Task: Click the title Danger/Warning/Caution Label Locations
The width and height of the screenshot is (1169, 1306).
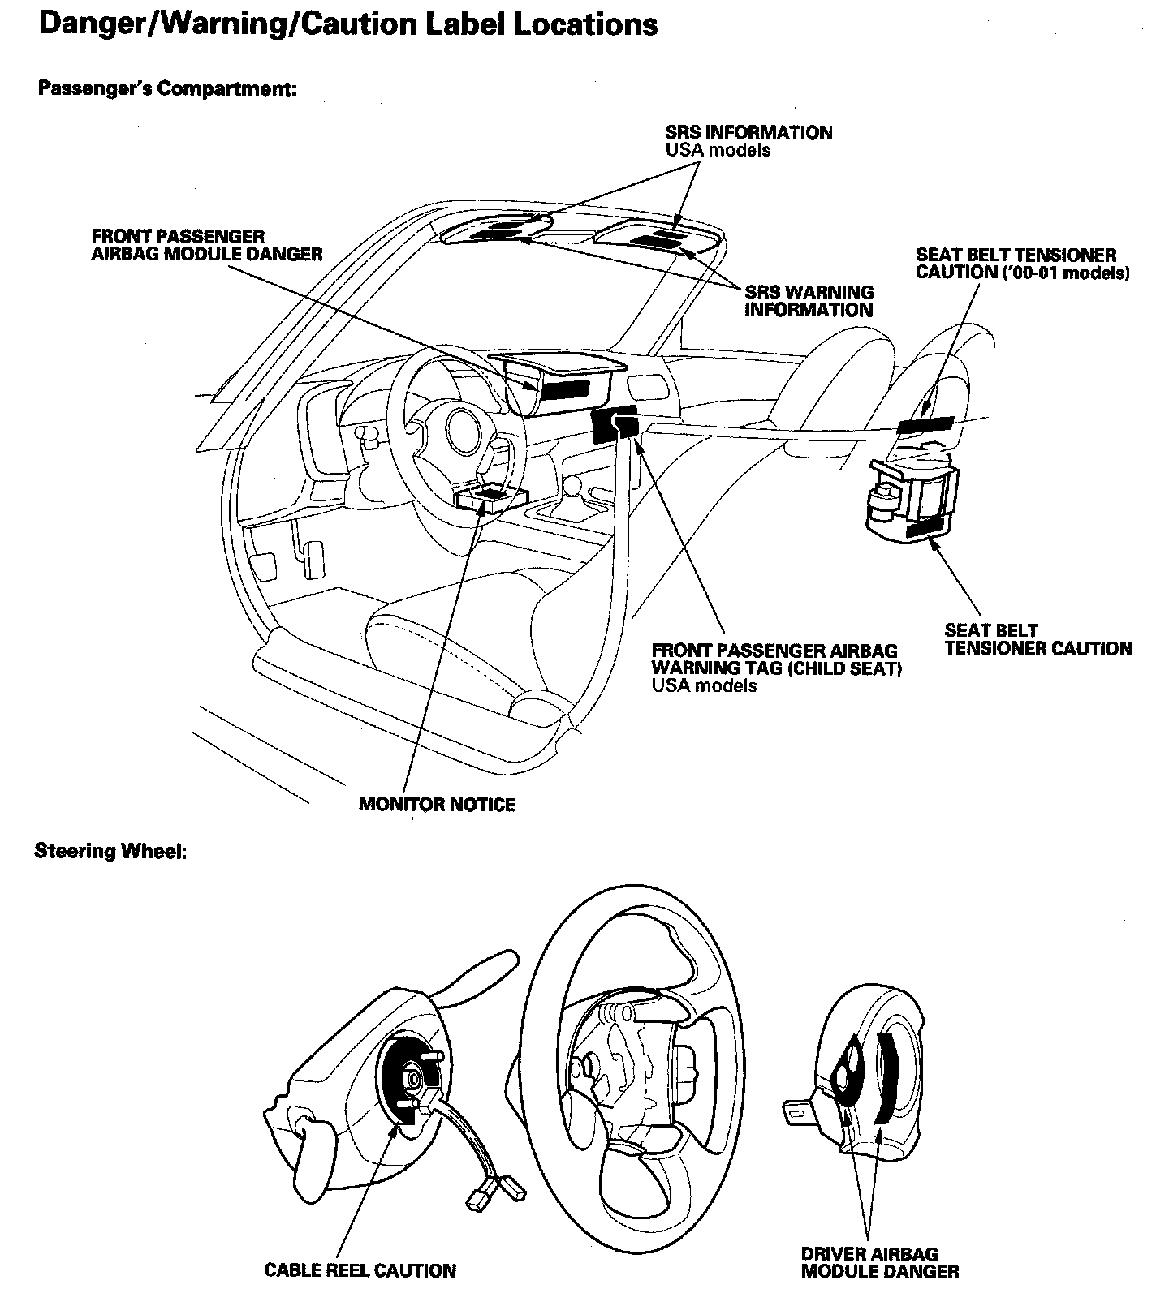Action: click(348, 25)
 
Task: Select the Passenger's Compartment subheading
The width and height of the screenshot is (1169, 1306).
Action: click(167, 88)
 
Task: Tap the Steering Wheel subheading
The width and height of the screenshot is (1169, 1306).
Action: click(111, 853)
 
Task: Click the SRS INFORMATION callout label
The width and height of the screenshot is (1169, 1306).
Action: click(748, 132)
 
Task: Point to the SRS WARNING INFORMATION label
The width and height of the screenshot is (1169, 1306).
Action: click(809, 301)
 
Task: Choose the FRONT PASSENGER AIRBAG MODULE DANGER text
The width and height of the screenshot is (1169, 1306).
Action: click(207, 245)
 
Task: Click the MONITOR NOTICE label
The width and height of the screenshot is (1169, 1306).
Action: click(437, 805)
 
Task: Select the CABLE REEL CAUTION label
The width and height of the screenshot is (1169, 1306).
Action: click(360, 1270)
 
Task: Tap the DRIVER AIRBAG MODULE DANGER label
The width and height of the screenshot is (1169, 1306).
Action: click(880, 1262)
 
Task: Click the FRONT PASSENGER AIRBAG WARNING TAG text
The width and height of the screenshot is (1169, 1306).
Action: click(776, 659)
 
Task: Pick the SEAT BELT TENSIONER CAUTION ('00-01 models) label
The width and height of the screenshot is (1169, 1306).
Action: click(1022, 264)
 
